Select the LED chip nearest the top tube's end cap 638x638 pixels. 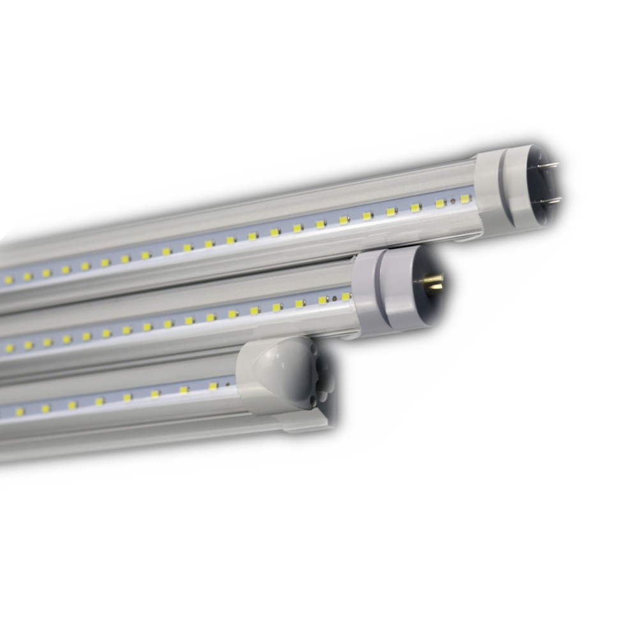[465, 199]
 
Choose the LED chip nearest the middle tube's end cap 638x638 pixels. [346, 296]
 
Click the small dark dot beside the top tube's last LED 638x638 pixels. [452, 202]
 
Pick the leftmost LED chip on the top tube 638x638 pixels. [8, 279]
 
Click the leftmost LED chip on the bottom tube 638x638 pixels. [19, 412]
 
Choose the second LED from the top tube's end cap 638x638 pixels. [440, 204]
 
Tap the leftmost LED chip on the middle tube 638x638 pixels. [9, 348]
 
